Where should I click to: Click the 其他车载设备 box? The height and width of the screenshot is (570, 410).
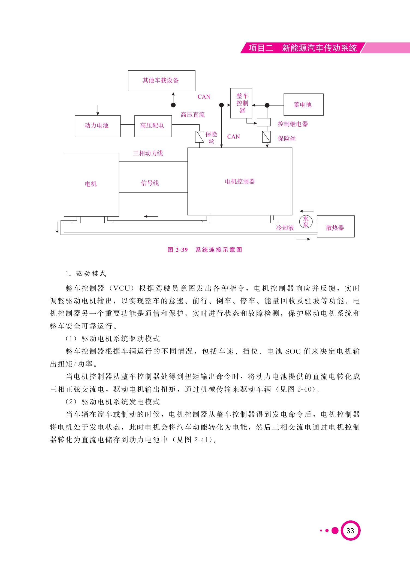click(162, 81)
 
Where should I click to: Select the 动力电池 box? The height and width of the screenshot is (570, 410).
click(98, 126)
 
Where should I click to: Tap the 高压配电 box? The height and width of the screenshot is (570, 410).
click(153, 126)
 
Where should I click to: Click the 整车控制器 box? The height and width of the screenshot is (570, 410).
click(241, 103)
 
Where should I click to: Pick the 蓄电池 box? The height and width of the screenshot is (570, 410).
click(304, 105)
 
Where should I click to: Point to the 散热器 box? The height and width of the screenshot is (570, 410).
click(336, 226)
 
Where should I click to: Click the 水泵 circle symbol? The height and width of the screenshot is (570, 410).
click(306, 222)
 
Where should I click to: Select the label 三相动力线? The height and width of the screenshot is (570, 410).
click(148, 153)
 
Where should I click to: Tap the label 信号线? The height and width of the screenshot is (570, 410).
click(150, 183)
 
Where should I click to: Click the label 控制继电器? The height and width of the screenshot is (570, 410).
click(293, 124)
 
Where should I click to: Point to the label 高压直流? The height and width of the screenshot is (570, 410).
click(193, 115)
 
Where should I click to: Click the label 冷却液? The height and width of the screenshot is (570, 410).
click(285, 228)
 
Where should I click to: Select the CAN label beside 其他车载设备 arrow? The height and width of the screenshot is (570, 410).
click(204, 97)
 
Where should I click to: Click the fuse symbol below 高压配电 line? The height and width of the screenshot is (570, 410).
click(200, 137)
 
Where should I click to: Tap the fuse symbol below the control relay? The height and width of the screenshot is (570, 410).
click(266, 137)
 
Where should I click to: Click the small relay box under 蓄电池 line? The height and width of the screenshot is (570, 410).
click(264, 122)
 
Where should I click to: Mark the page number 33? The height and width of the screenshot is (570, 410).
click(350, 531)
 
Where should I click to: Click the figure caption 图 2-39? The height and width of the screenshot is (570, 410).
click(178, 250)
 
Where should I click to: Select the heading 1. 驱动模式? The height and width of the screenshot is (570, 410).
click(86, 274)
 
